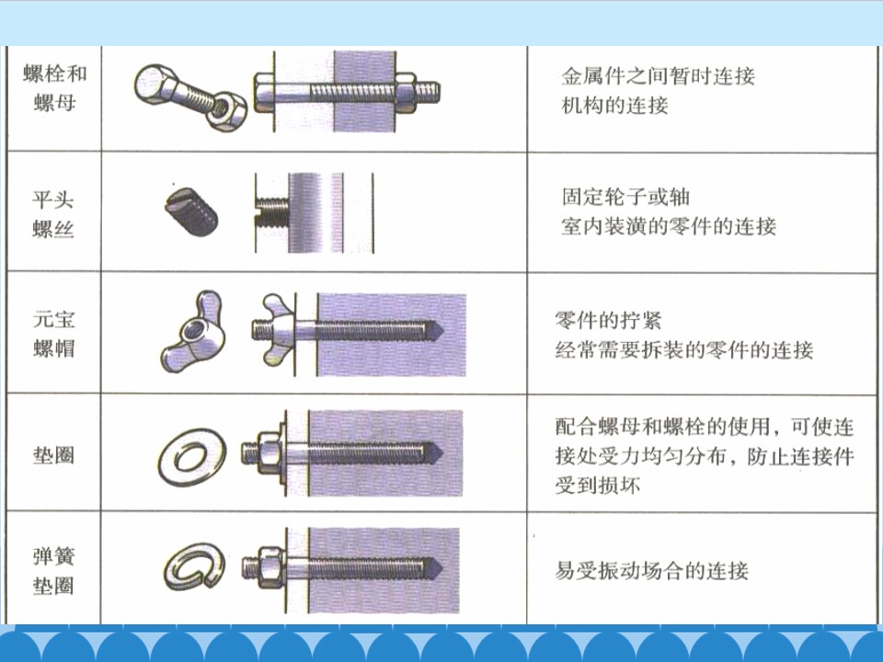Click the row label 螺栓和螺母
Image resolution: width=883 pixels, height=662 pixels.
click(54, 88)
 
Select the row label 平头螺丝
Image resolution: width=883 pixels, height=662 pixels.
click(53, 214)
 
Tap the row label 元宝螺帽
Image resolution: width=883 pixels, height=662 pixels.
click(54, 333)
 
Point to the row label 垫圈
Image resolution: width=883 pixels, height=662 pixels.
click(54, 454)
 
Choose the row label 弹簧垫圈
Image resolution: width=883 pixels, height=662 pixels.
click(54, 571)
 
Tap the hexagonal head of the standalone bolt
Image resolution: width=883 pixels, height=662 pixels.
click(155, 85)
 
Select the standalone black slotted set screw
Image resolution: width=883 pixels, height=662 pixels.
click(191, 211)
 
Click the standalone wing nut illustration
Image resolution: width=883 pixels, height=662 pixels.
click(193, 332)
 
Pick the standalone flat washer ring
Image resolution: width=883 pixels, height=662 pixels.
click(192, 457)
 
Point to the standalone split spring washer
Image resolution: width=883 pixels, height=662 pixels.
click(195, 567)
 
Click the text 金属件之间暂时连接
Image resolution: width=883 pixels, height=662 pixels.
click(658, 75)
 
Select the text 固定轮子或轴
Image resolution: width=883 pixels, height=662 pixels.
click(625, 197)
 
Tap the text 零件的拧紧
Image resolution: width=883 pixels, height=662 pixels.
click(608, 320)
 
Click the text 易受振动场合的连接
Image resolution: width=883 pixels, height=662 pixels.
click(651, 570)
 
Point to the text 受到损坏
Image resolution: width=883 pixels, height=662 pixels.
click(598, 485)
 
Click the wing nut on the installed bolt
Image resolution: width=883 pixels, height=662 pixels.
click(277, 331)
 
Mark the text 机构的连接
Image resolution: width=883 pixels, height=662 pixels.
click(615, 105)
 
